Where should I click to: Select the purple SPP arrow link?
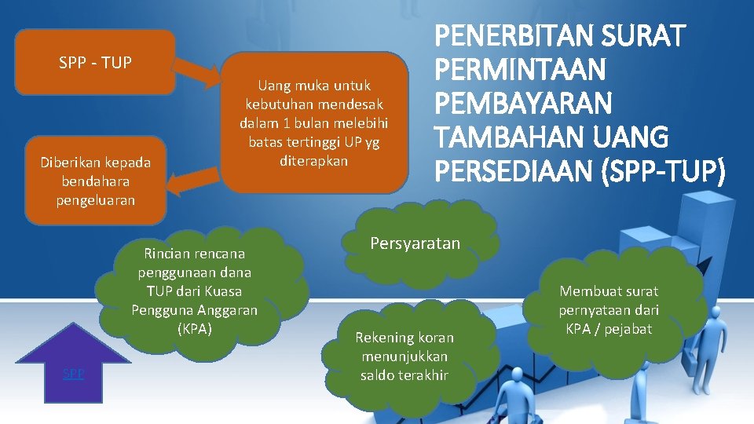73,374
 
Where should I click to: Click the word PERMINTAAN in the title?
520,70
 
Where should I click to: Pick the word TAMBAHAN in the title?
502,138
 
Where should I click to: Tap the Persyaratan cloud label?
415,243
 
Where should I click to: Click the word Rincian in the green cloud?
167,254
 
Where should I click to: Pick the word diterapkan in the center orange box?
313,160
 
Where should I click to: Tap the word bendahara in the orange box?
95,181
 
